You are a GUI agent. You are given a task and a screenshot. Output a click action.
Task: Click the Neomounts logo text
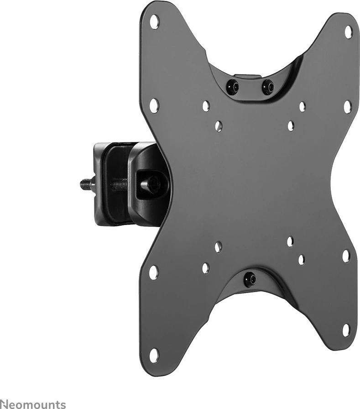[x=33, y=404]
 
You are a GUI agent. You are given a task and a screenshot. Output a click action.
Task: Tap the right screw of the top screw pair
[x=267, y=85]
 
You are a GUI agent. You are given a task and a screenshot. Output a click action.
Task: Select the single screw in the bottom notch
[x=249, y=278]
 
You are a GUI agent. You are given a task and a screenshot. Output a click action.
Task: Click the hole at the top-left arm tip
[x=155, y=21]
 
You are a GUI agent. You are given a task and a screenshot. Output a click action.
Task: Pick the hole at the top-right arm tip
[x=348, y=31]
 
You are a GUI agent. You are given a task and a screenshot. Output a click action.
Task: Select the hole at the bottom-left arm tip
[x=154, y=355]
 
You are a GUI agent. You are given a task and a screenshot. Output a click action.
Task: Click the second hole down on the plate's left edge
[x=154, y=105]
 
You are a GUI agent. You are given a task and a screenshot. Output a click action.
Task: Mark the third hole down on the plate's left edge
[x=154, y=273]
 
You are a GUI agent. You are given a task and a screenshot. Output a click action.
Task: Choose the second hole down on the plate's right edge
[x=347, y=106]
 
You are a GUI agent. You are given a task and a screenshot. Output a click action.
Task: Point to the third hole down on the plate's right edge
[x=346, y=256]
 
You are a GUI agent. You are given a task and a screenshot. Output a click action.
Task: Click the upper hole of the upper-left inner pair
[x=206, y=106]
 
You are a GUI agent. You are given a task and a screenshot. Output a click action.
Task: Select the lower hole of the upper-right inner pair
[x=291, y=125]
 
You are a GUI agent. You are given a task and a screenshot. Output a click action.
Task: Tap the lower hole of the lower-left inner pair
[x=205, y=268]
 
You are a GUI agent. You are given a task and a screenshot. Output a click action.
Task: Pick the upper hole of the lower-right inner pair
[x=290, y=241]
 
